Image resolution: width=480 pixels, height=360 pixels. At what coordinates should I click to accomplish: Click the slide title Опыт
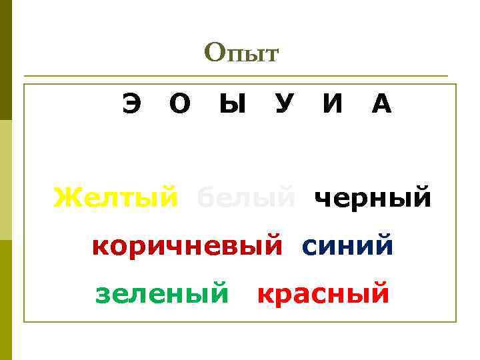point(241,53)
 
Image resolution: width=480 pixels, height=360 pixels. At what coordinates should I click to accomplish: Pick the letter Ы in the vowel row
point(232,105)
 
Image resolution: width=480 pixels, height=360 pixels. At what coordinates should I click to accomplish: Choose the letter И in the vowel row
point(333,105)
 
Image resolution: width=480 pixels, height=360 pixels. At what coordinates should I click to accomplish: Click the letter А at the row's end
point(381,105)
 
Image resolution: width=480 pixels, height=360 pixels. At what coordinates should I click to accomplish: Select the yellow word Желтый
point(116,197)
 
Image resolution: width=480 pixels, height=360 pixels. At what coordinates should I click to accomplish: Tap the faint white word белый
point(246,197)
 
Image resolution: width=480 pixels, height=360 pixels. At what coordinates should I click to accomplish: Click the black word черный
point(373,198)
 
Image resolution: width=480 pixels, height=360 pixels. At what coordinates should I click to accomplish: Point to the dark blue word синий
point(347,247)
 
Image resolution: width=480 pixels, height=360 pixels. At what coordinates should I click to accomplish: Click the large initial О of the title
point(215,52)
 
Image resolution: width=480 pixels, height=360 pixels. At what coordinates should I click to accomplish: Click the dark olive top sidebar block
point(5,60)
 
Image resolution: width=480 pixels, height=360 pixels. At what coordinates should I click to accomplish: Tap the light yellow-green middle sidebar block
point(5,180)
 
